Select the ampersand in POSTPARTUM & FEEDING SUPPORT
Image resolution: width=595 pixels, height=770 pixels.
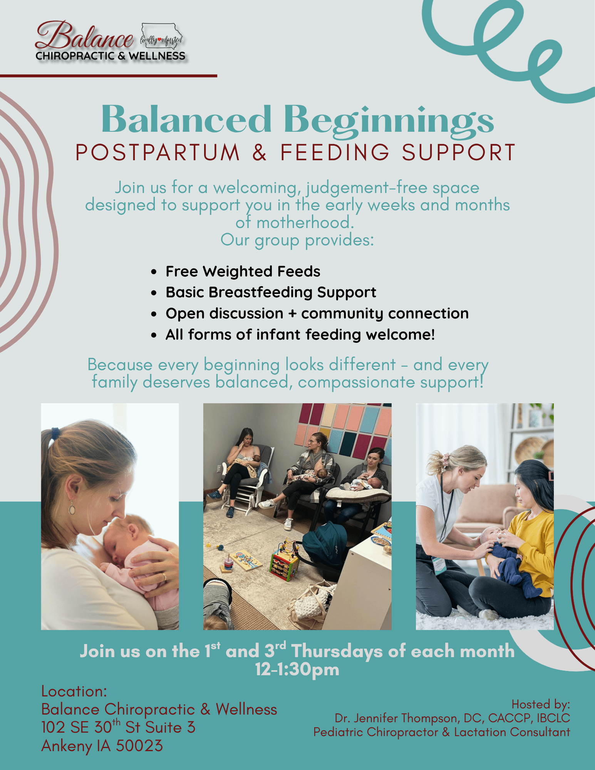click(260, 152)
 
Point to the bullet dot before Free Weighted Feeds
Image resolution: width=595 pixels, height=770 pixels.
click(154, 272)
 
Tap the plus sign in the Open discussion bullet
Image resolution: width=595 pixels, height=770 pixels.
click(292, 314)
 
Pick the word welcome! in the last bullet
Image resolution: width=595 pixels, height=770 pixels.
click(400, 334)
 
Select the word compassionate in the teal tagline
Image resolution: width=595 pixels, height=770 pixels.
click(357, 382)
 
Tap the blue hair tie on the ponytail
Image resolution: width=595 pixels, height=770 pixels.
click(56, 434)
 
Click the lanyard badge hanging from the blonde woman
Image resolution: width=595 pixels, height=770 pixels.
click(439, 564)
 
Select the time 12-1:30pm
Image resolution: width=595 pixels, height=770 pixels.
click(297, 669)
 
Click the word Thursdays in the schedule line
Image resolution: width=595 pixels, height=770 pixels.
click(337, 651)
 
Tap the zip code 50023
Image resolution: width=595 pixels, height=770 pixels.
click(139, 746)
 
